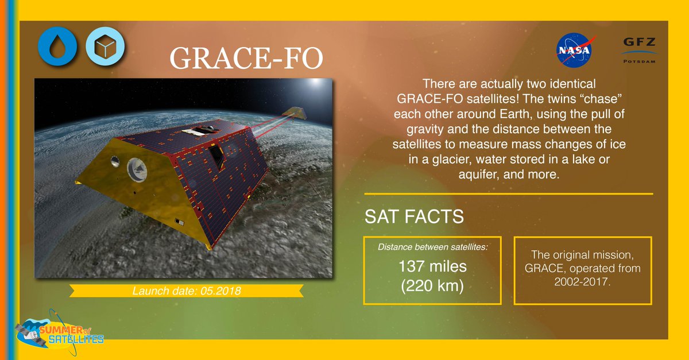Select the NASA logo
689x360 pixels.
tap(576, 51)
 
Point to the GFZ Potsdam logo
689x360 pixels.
tap(639, 49)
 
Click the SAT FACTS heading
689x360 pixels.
tap(414, 218)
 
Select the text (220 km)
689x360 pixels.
tap(432, 285)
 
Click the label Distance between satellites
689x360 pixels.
tap(432, 247)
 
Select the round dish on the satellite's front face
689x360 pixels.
tap(137, 168)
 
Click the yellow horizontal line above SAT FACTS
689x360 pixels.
tap(508, 194)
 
